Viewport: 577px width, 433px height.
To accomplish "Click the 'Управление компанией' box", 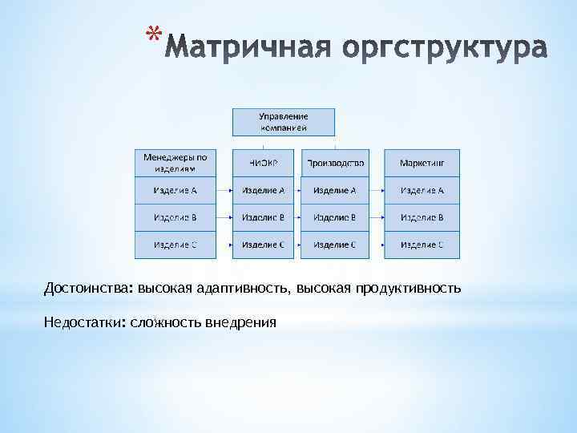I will point(284,122).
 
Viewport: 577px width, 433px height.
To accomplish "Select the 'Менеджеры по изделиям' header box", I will point(175,163).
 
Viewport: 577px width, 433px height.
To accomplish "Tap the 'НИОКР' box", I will point(263,163).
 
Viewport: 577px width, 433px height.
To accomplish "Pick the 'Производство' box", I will point(334,163).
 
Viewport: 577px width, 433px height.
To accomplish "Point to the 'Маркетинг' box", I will point(422,163).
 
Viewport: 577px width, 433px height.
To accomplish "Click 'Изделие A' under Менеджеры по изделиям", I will point(175,191).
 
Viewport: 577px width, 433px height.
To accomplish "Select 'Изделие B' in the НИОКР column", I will point(263,217).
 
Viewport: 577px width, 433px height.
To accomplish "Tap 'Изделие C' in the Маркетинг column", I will point(422,245).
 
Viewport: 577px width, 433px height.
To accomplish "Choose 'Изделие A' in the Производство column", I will point(334,191).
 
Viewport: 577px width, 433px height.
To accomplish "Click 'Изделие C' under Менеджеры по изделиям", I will point(175,245).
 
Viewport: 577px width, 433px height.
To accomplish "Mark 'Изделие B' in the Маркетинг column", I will point(422,217).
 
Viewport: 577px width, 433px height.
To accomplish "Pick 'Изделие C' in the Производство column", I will point(334,245).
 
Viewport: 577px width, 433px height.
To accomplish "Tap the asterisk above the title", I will point(154,34).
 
